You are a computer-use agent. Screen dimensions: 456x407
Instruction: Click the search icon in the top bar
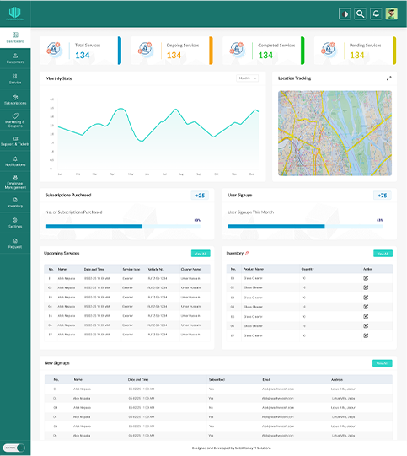(360, 13)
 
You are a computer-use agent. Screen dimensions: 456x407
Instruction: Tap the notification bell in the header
(376, 13)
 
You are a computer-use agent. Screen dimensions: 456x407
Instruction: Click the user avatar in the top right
(391, 13)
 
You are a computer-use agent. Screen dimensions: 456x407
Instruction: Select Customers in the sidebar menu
(15, 59)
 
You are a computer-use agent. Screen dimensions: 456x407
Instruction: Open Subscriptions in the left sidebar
(15, 100)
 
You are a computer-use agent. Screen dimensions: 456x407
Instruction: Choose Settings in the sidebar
(15, 224)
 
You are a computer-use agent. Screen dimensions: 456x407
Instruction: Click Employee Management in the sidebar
(15, 184)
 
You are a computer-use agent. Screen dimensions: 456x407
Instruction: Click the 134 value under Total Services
(83, 56)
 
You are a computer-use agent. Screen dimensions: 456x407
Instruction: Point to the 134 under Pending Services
(357, 56)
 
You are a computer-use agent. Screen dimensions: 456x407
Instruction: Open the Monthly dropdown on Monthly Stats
(246, 78)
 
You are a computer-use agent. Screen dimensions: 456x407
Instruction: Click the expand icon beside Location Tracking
(388, 78)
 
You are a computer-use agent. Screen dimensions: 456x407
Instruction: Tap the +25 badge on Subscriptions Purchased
(200, 196)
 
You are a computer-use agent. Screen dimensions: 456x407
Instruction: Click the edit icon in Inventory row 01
(366, 277)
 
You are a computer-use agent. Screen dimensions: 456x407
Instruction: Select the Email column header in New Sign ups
(266, 379)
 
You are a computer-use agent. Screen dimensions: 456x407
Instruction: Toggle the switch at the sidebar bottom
(15, 448)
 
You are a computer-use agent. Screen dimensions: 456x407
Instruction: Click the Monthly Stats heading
(59, 78)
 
